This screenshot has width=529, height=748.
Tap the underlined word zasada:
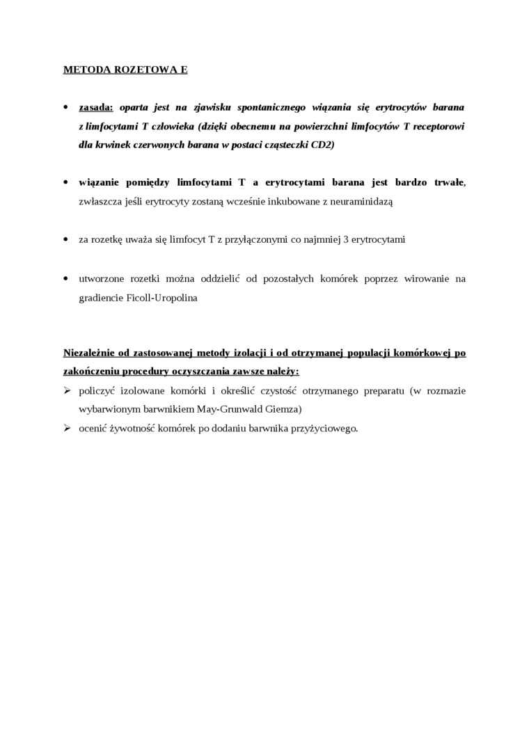point(96,108)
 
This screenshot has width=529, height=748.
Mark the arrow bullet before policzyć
point(68,391)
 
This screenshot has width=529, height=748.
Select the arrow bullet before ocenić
point(68,428)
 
